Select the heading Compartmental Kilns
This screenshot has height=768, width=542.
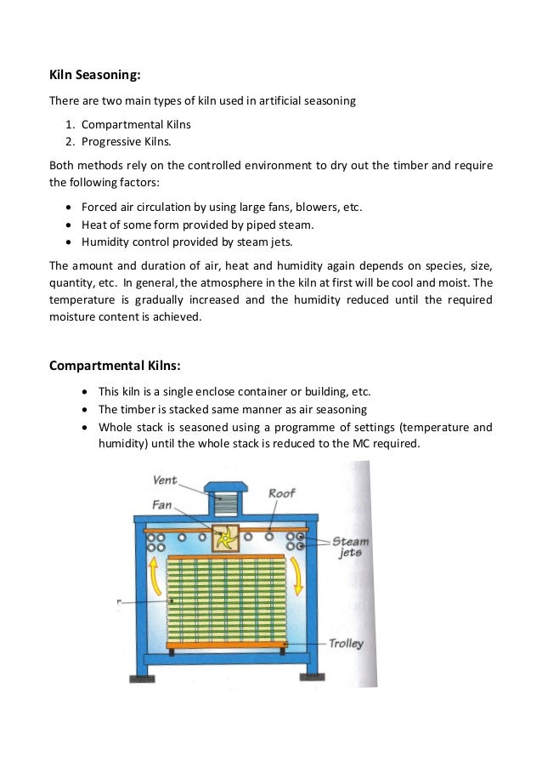coord(115,366)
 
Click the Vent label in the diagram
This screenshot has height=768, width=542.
coord(165,481)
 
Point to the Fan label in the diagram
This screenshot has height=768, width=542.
coord(161,504)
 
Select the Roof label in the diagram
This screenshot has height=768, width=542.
coord(281,493)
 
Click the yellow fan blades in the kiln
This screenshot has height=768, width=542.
coord(225,539)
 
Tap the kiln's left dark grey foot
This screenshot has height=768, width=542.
coord(141,678)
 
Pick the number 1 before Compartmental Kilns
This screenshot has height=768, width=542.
coord(69,124)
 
